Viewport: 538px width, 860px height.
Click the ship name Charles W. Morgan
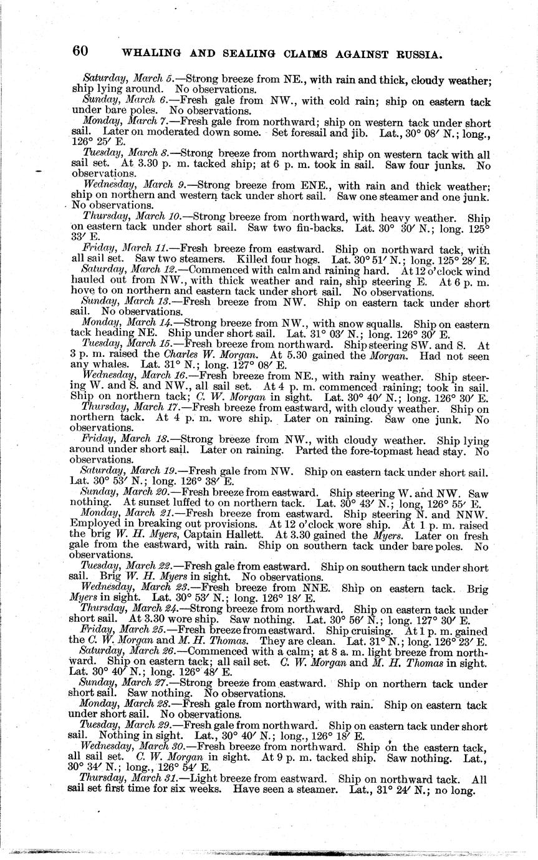pyautogui.click(x=153, y=355)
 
